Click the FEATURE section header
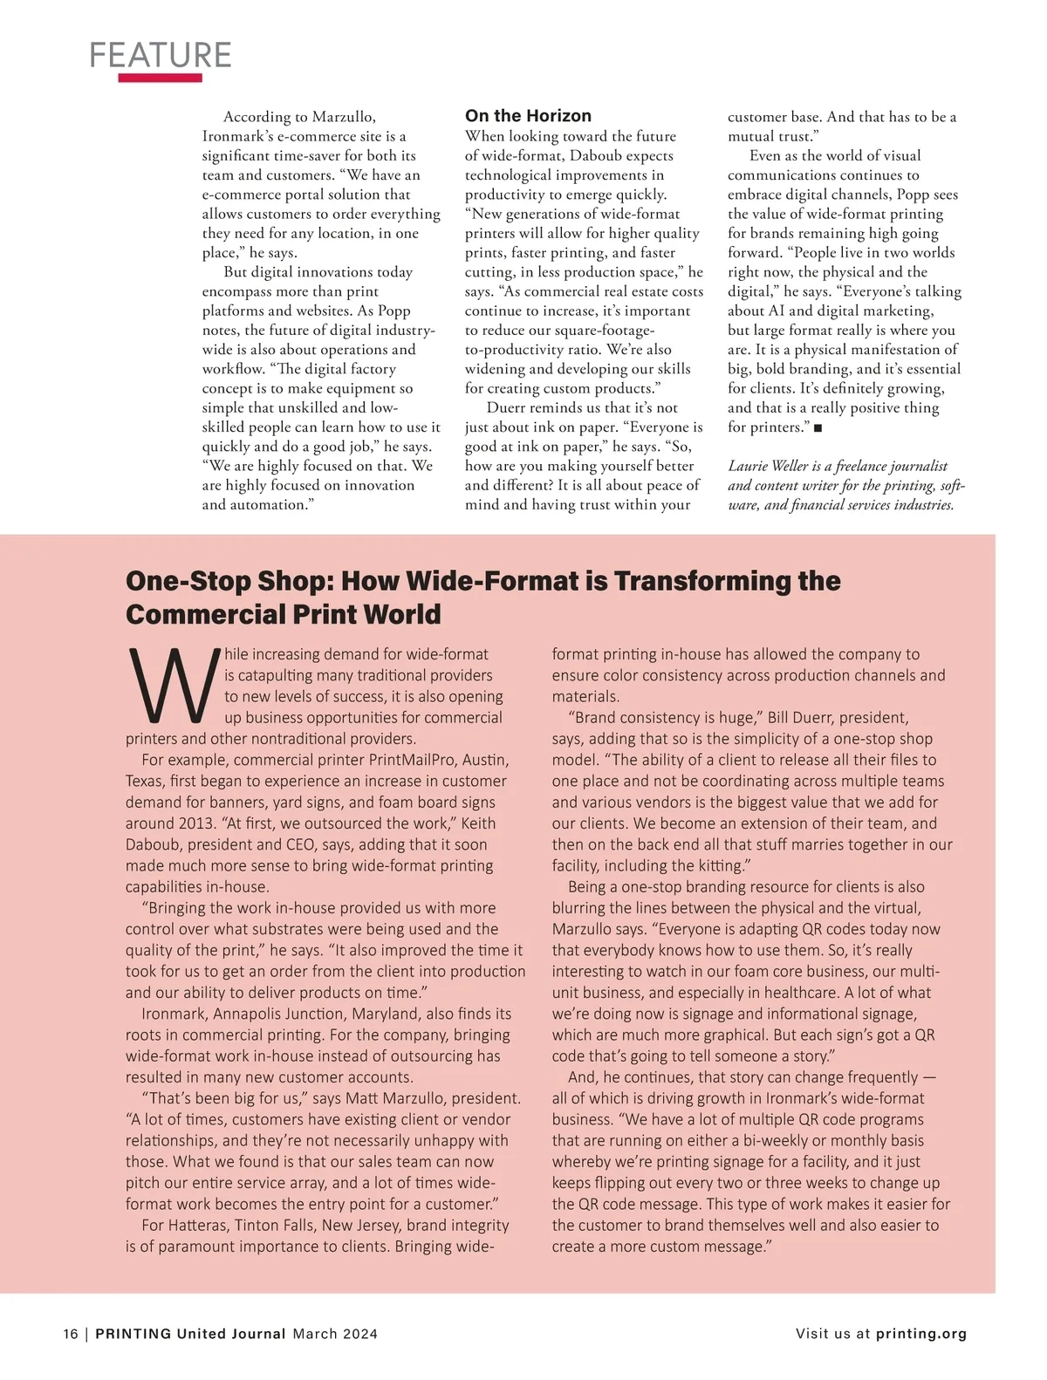[161, 55]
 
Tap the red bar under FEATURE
[161, 78]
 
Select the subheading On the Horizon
[528, 116]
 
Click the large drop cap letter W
[171, 686]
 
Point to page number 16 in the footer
[70, 1334]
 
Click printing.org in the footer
[921, 1334]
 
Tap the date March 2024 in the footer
[335, 1334]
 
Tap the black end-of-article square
[818, 428]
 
